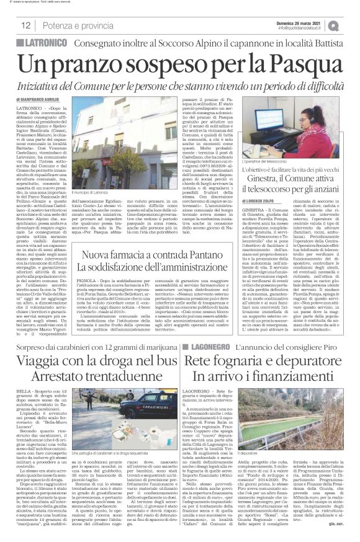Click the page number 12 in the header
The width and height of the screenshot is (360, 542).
coord(27,25)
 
